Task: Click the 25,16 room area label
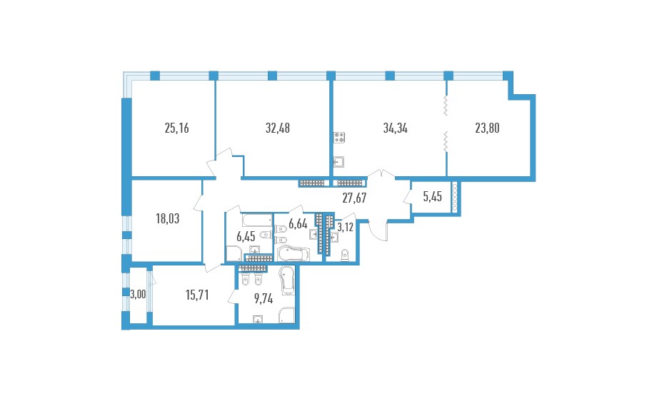click(177, 128)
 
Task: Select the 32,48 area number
click(278, 128)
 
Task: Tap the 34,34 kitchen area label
click(395, 128)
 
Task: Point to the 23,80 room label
click(487, 128)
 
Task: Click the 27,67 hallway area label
click(354, 198)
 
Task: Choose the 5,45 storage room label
click(433, 197)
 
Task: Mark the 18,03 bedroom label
click(168, 218)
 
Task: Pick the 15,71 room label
click(197, 295)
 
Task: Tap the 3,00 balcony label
click(138, 295)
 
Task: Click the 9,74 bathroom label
click(264, 299)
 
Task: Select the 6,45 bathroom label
click(246, 236)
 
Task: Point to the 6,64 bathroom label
click(298, 224)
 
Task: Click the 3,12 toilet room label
click(345, 228)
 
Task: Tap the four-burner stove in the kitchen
click(339, 137)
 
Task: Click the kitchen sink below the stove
click(338, 161)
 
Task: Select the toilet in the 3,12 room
click(345, 255)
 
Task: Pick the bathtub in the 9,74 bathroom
click(287, 280)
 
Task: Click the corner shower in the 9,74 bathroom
click(287, 315)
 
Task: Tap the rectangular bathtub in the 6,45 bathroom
click(257, 220)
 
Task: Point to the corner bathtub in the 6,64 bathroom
click(294, 254)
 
